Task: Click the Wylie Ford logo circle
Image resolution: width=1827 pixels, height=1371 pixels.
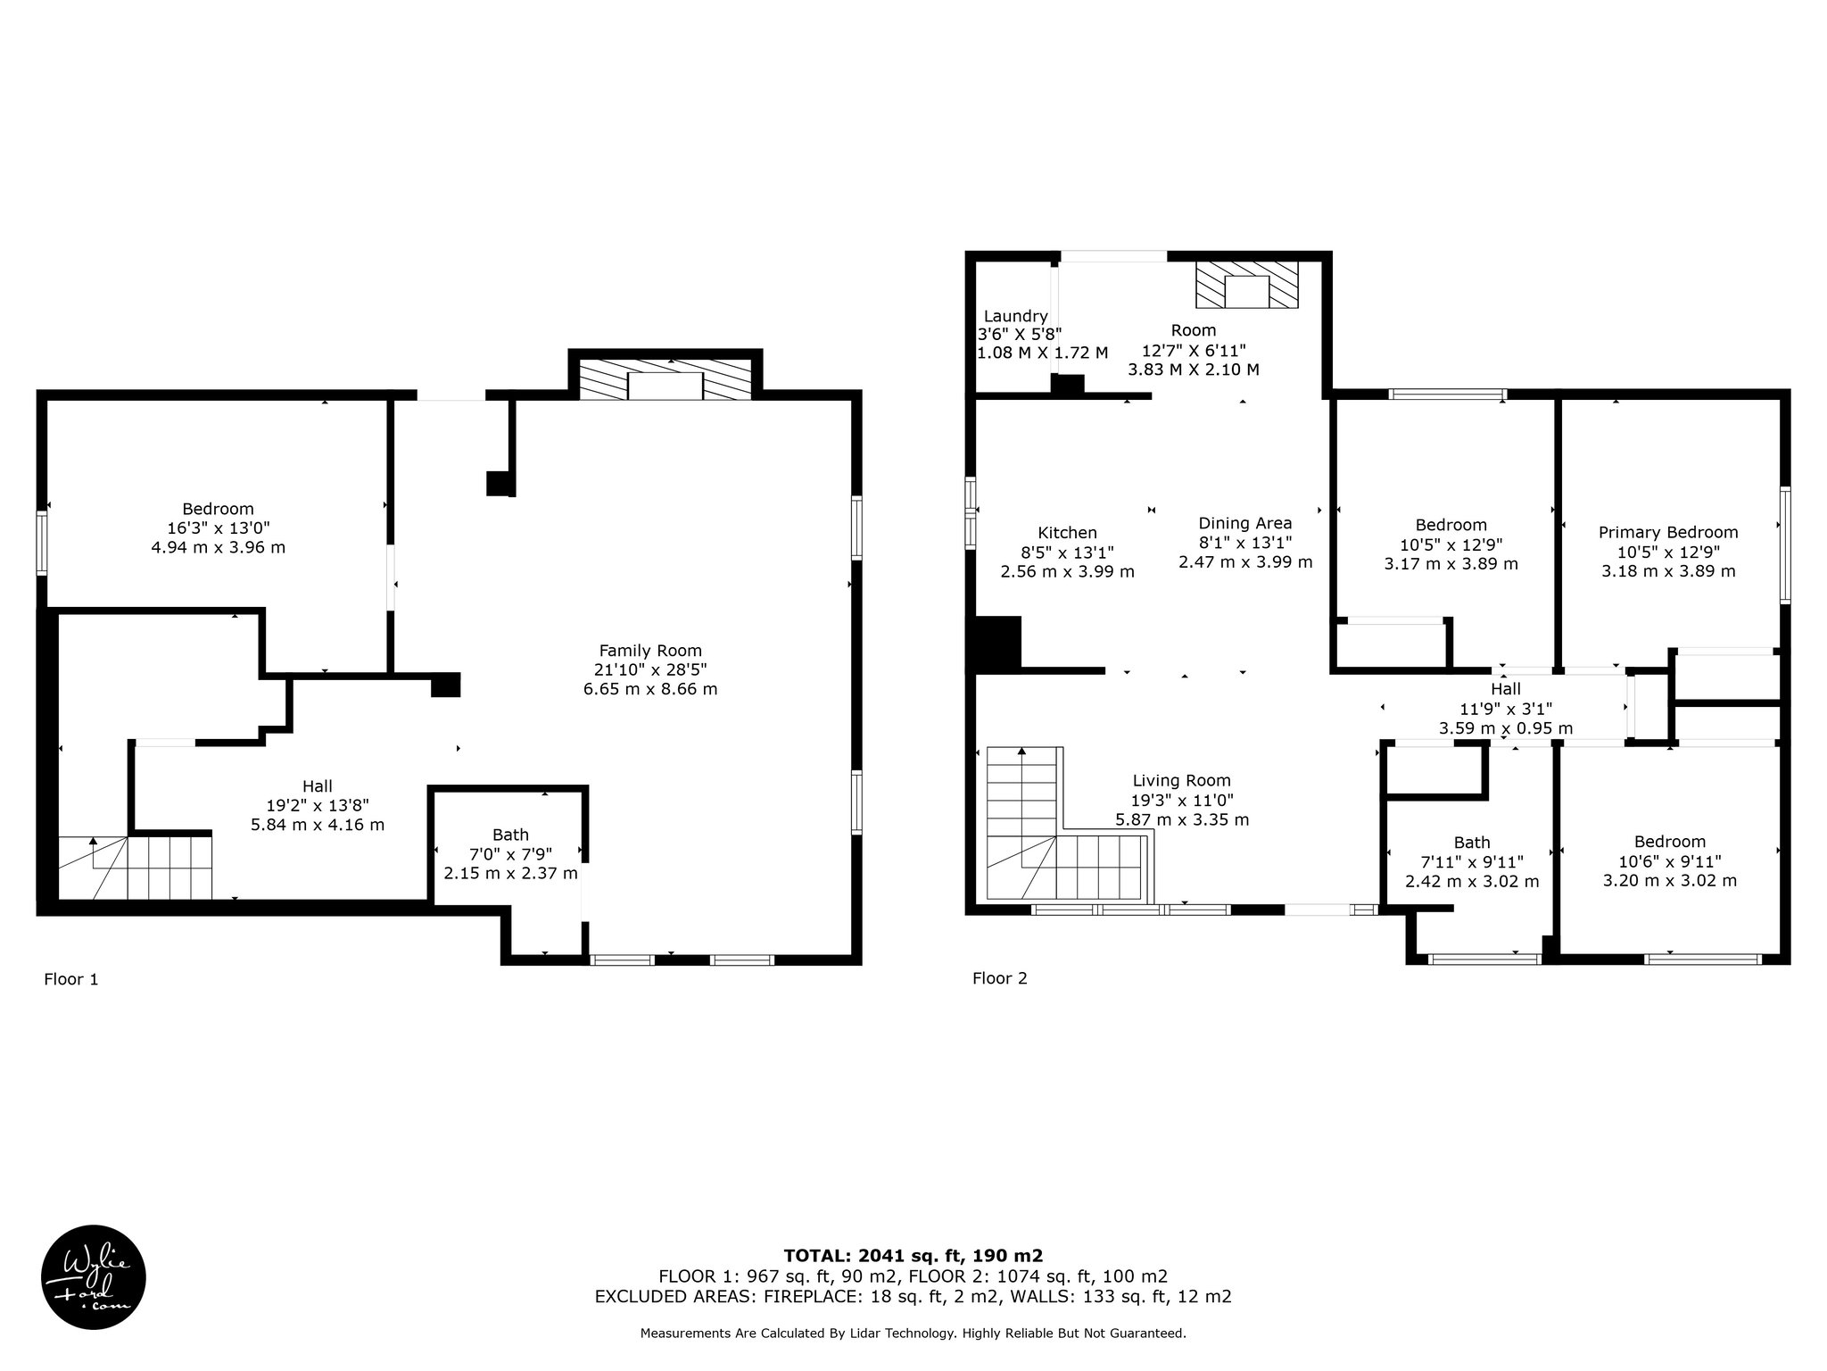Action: [94, 1276]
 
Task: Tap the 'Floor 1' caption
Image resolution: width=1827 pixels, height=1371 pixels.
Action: [71, 979]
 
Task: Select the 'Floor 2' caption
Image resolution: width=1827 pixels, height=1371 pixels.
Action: [1000, 978]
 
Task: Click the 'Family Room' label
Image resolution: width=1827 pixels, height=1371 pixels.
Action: [650, 651]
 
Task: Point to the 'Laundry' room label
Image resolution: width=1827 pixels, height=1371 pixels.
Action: [1015, 316]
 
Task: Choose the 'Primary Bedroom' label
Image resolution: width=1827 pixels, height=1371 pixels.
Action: [1668, 533]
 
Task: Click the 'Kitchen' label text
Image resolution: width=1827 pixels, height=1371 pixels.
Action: [1067, 533]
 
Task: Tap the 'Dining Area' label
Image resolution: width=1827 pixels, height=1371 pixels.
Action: [1245, 523]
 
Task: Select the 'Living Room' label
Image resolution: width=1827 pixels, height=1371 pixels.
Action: [1182, 780]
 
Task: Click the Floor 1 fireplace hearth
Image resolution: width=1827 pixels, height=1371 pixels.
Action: [665, 379]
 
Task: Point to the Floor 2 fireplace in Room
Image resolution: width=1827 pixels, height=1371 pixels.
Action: [1246, 286]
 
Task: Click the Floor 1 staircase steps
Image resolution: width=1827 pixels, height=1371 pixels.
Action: [136, 868]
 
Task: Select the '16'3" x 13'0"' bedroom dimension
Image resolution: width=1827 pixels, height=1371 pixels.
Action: [219, 528]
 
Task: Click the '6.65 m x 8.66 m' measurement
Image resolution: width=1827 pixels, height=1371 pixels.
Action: [650, 689]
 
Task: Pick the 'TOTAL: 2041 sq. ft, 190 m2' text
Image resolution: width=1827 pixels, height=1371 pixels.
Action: [913, 1256]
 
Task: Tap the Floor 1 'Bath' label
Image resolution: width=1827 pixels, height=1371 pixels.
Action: [510, 835]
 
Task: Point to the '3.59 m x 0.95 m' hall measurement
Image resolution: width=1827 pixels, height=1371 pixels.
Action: [1506, 728]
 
